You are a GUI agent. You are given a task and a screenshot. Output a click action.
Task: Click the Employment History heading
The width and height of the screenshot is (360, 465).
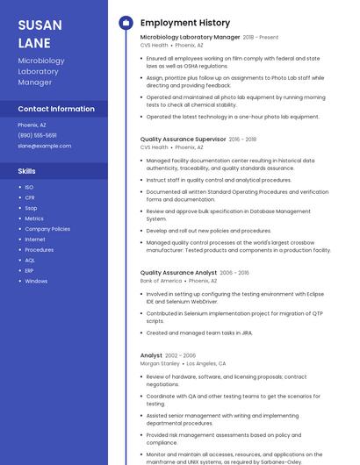pyautogui.click(x=184, y=23)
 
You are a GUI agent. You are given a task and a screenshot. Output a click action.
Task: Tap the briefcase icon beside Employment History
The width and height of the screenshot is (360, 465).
pyautogui.click(x=125, y=23)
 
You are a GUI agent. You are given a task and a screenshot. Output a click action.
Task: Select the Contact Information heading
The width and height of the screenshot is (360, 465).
pyautogui.click(x=56, y=109)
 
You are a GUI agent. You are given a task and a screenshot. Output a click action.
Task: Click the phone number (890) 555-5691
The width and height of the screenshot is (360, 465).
pyautogui.click(x=37, y=135)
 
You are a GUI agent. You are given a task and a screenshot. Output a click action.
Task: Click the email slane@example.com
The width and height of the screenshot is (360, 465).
pyautogui.click(x=44, y=146)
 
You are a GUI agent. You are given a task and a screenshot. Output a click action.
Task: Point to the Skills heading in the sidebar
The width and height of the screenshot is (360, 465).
pyautogui.click(x=27, y=171)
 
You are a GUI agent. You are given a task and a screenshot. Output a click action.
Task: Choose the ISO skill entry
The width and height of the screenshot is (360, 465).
pyautogui.click(x=29, y=187)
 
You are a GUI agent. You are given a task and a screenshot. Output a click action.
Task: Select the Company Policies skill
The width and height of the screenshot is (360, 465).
pyautogui.click(x=47, y=229)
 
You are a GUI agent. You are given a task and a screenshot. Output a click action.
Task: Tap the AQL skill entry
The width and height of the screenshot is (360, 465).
pyautogui.click(x=30, y=260)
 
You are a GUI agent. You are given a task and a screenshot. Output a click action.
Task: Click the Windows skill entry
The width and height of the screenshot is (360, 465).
pyautogui.click(x=36, y=281)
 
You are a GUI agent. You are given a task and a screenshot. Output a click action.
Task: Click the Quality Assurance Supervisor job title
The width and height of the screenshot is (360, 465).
pyautogui.click(x=183, y=139)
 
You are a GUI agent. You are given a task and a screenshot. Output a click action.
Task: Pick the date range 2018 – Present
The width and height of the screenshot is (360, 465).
pyautogui.click(x=261, y=38)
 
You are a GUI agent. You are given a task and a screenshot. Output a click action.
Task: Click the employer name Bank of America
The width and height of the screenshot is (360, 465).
pyautogui.click(x=161, y=281)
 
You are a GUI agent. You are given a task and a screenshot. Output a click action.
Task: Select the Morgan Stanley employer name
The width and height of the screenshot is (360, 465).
pyautogui.click(x=160, y=362)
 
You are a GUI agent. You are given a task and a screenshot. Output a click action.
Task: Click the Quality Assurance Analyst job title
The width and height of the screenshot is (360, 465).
pyautogui.click(x=178, y=273)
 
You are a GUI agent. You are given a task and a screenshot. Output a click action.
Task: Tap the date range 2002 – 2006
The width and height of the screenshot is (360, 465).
pyautogui.click(x=180, y=354)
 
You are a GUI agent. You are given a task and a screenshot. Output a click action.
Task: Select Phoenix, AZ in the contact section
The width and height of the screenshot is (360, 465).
pyautogui.click(x=32, y=125)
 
